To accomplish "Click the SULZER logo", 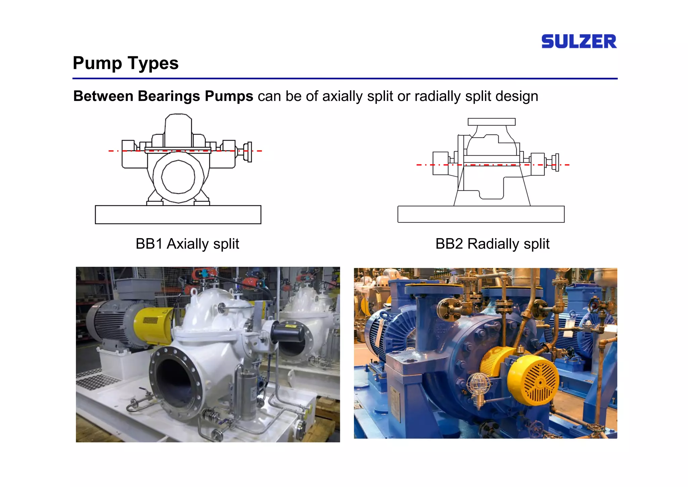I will pos(578,41).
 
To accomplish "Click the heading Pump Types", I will pos(126,63).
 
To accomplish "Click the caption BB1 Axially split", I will pos(187,243).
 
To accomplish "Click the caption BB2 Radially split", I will pos(492,243).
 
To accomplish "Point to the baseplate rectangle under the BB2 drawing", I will pos(481,214).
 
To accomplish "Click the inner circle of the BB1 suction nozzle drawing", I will pos(178,177).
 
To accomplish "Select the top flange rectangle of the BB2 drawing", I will pos(491,122).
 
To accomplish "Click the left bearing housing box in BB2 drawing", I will pos(440,163).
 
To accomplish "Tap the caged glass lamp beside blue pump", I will pos(478,385).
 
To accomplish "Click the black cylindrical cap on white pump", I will pos(288,333).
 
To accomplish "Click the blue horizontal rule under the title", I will pos(345,79).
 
